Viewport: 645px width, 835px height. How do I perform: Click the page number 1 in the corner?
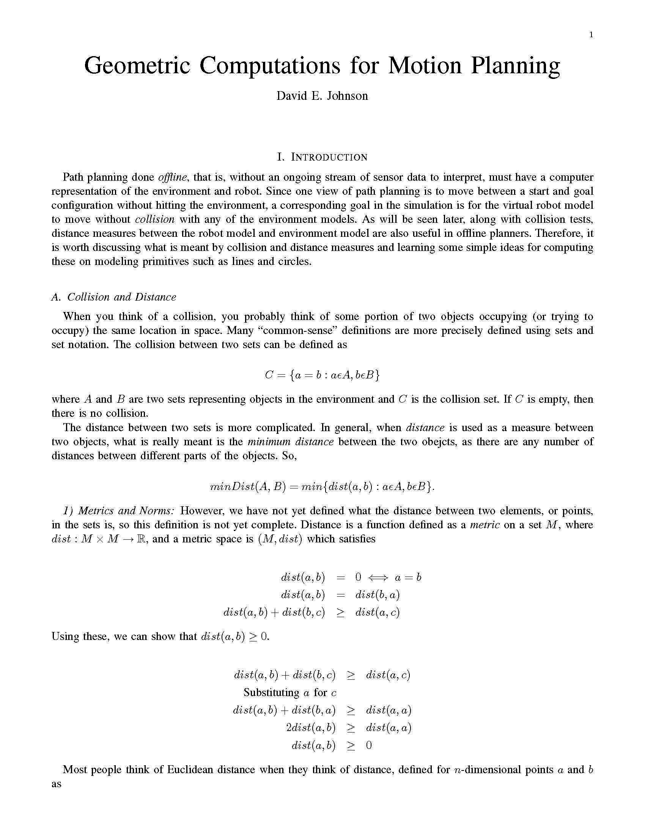[x=591, y=35]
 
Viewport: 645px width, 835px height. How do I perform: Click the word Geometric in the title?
[x=137, y=66]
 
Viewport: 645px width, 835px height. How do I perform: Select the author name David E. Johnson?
[x=322, y=96]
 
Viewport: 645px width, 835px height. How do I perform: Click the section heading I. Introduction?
[x=322, y=157]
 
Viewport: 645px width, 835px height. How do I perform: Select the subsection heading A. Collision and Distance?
[x=114, y=297]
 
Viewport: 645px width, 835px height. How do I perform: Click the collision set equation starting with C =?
[x=322, y=375]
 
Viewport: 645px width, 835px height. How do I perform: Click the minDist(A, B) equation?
[x=322, y=487]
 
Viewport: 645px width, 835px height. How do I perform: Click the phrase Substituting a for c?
[x=290, y=692]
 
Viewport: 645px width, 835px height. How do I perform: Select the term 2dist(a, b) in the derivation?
[x=311, y=728]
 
